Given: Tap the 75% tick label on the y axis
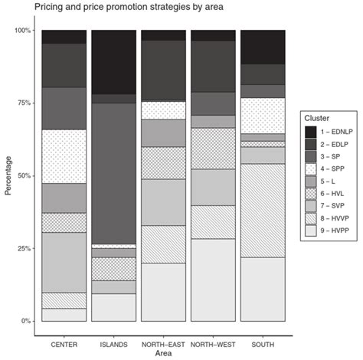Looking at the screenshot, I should point(22,103).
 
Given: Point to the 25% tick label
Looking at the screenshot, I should point(22,249).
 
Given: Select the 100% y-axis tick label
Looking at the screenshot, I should point(20,31).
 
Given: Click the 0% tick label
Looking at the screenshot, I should point(25,321).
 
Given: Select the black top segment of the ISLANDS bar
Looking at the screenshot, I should point(113,62).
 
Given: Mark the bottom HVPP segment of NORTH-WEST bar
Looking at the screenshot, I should point(212,280).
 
